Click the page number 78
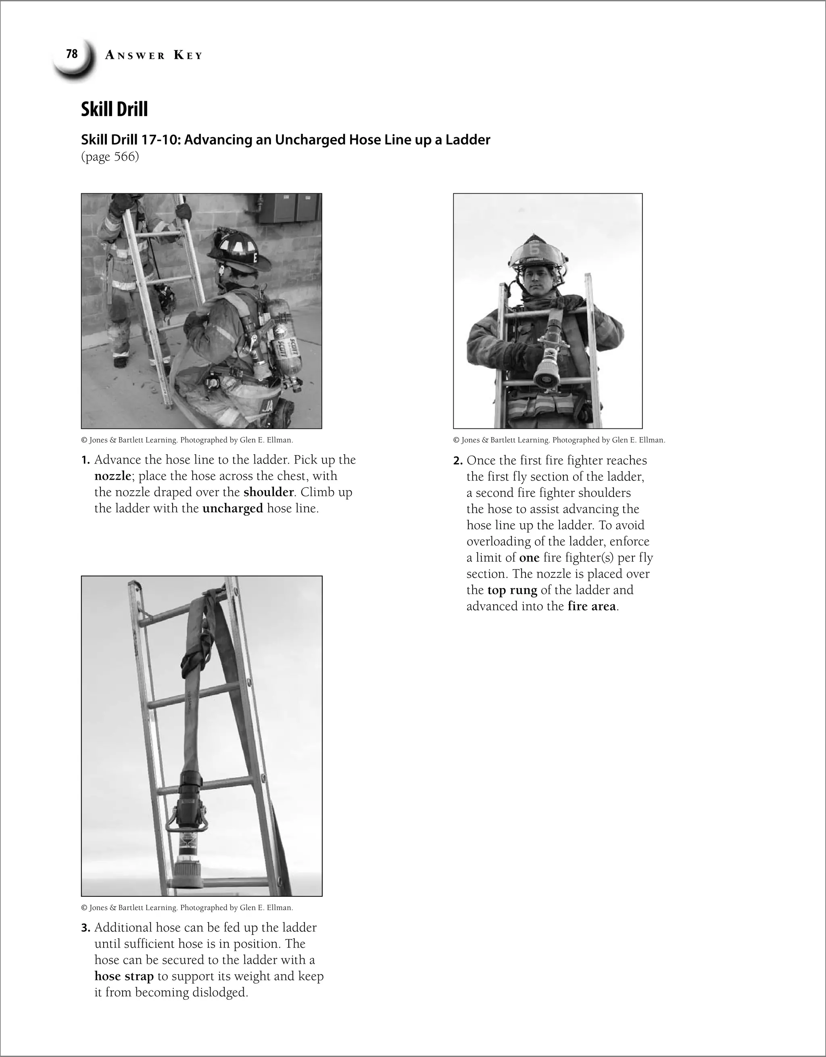[x=72, y=54]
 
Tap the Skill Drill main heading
[x=114, y=109]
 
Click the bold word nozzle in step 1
[x=112, y=476]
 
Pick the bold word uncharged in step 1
[x=232, y=509]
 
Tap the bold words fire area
[x=591, y=606]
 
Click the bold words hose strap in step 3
[x=124, y=976]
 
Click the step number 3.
[x=86, y=928]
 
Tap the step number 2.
[x=458, y=461]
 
